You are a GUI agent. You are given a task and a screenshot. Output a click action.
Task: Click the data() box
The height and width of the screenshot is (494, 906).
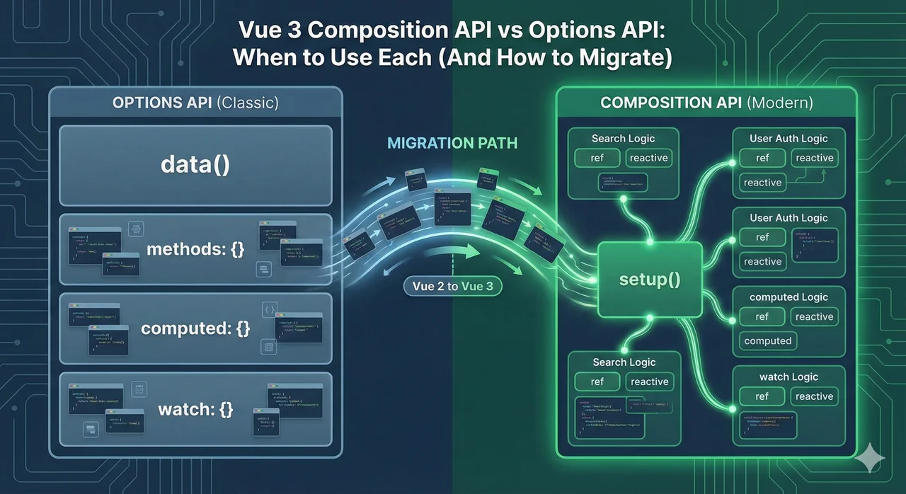click(195, 166)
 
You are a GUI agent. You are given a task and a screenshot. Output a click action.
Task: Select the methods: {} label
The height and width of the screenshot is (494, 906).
click(195, 249)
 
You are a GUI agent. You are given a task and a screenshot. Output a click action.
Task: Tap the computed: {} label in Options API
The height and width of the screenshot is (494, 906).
click(195, 328)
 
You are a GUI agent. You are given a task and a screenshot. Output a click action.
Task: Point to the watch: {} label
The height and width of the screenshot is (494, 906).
click(195, 409)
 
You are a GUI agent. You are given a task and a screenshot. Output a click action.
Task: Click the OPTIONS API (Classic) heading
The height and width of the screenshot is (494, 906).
click(195, 103)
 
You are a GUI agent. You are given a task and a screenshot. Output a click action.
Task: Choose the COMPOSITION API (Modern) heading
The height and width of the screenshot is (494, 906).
click(706, 103)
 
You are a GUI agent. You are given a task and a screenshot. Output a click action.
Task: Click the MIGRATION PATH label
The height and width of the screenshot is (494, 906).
click(452, 144)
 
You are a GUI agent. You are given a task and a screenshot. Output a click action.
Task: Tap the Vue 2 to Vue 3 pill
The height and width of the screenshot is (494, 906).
click(452, 287)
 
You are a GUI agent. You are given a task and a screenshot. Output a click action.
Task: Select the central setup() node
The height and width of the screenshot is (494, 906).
click(649, 279)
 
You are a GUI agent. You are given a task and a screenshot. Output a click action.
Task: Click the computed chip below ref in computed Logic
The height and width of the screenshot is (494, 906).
click(768, 340)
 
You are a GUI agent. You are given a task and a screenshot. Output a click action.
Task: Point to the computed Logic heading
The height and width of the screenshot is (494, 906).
click(789, 297)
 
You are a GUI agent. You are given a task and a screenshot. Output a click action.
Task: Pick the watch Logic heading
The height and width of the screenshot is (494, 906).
click(789, 377)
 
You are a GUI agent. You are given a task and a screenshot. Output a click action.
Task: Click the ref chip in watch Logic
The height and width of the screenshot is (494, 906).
click(762, 396)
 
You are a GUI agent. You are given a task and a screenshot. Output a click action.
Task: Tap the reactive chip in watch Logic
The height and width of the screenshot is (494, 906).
click(814, 396)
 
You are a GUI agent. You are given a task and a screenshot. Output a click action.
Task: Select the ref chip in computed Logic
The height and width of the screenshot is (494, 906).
click(762, 316)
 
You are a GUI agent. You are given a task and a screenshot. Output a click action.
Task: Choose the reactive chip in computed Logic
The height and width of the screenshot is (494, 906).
click(814, 316)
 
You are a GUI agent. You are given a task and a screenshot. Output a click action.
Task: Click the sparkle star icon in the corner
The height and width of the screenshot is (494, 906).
click(869, 459)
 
